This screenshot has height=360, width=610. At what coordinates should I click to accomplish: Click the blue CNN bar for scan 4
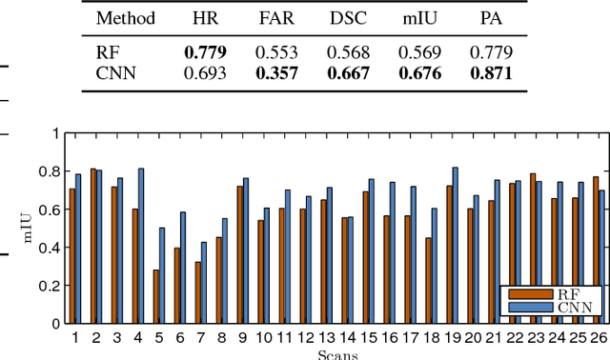(141, 246)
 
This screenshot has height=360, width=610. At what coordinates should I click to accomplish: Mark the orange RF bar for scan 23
(533, 249)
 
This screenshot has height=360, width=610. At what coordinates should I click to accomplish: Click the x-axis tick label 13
(327, 337)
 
